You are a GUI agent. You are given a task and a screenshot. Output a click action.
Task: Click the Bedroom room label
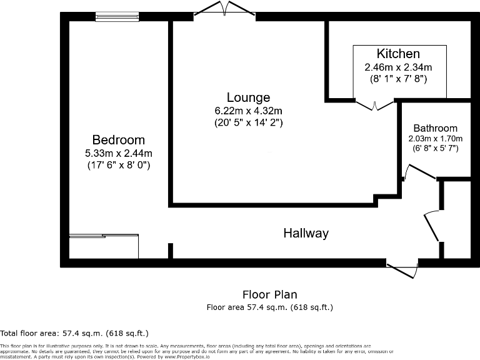[119, 140]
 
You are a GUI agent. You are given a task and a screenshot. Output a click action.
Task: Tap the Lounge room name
[248, 97]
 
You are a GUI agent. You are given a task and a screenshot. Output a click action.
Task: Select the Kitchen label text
[398, 54]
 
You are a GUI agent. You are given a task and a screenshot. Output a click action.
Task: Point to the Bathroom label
[435, 127]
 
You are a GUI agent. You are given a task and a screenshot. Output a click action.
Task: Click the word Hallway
[306, 233]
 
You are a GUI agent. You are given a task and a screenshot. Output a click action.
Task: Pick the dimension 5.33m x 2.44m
[119, 153]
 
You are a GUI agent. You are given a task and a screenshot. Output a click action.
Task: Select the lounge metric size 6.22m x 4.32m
[248, 111]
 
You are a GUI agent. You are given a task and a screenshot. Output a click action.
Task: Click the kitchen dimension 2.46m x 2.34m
[398, 67]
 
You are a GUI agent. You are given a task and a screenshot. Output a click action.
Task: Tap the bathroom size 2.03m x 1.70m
[435, 138]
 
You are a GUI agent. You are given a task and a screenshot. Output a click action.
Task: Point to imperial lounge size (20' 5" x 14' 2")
[248, 123]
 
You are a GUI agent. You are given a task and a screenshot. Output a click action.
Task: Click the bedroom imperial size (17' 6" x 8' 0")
[119, 166]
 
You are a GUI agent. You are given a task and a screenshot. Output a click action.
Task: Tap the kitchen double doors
[374, 104]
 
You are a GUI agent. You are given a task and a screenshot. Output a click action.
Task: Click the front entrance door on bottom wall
[402, 269]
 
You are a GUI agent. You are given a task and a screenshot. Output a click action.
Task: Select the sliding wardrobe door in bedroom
[103, 236]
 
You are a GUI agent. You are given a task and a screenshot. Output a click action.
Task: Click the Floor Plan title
[269, 294]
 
